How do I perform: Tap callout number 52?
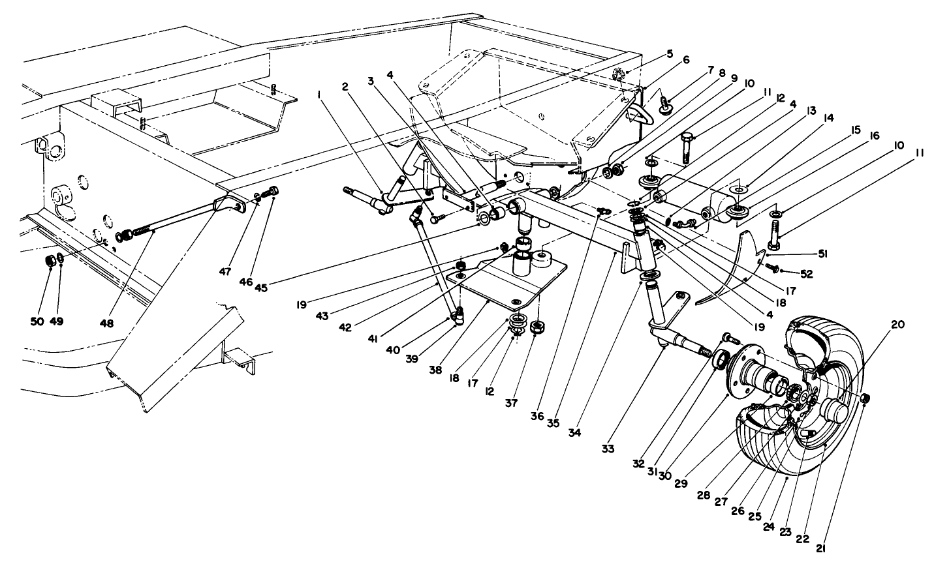(807, 275)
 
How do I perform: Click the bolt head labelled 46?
(273, 191)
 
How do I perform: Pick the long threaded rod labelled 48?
(176, 221)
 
